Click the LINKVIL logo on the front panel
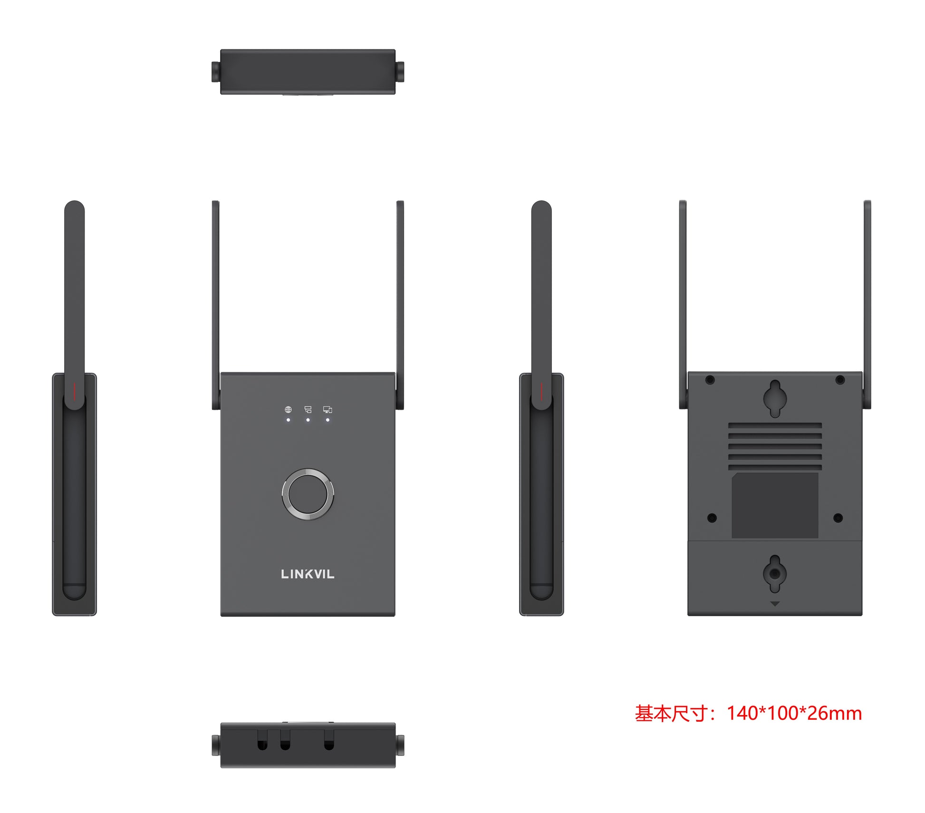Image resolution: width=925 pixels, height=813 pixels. click(308, 574)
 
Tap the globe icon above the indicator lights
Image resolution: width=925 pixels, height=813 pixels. click(288, 409)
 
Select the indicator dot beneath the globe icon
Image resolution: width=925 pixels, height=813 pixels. click(288, 420)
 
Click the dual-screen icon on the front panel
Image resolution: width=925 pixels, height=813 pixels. click(328, 409)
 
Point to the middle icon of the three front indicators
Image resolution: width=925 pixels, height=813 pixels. click(308, 409)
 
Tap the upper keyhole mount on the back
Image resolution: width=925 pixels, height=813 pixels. click(775, 398)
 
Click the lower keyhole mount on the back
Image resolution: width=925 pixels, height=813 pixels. click(775, 573)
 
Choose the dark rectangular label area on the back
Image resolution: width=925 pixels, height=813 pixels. click(775, 505)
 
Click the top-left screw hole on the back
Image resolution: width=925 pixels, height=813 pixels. click(710, 380)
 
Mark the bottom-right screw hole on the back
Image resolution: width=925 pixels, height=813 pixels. click(838, 518)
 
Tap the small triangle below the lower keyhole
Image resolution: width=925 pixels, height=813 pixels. click(775, 604)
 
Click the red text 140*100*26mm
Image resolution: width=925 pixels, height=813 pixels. click(794, 713)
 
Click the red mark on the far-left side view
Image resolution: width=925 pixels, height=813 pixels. click(74, 391)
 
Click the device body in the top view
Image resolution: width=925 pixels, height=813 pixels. click(308, 71)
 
